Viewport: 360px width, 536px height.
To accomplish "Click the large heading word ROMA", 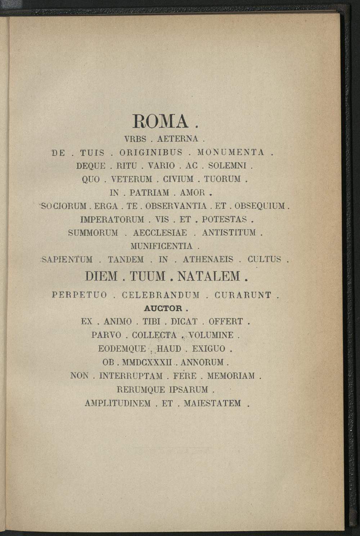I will coord(161,121).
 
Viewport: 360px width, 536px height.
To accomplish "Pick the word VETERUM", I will coord(132,179).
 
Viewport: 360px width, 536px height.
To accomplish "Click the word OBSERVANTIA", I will coord(176,206).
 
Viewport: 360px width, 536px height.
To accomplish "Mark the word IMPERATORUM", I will coord(112,220).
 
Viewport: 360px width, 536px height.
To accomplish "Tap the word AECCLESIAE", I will coord(160,233).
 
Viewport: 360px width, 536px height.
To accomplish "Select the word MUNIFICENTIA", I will coord(161,246).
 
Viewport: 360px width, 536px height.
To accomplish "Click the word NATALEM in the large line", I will coord(209,277).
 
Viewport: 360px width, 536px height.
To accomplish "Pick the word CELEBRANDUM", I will coord(161,295).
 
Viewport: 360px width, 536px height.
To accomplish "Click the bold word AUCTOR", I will coord(163,309).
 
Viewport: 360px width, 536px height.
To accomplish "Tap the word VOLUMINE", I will coord(211,335).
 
